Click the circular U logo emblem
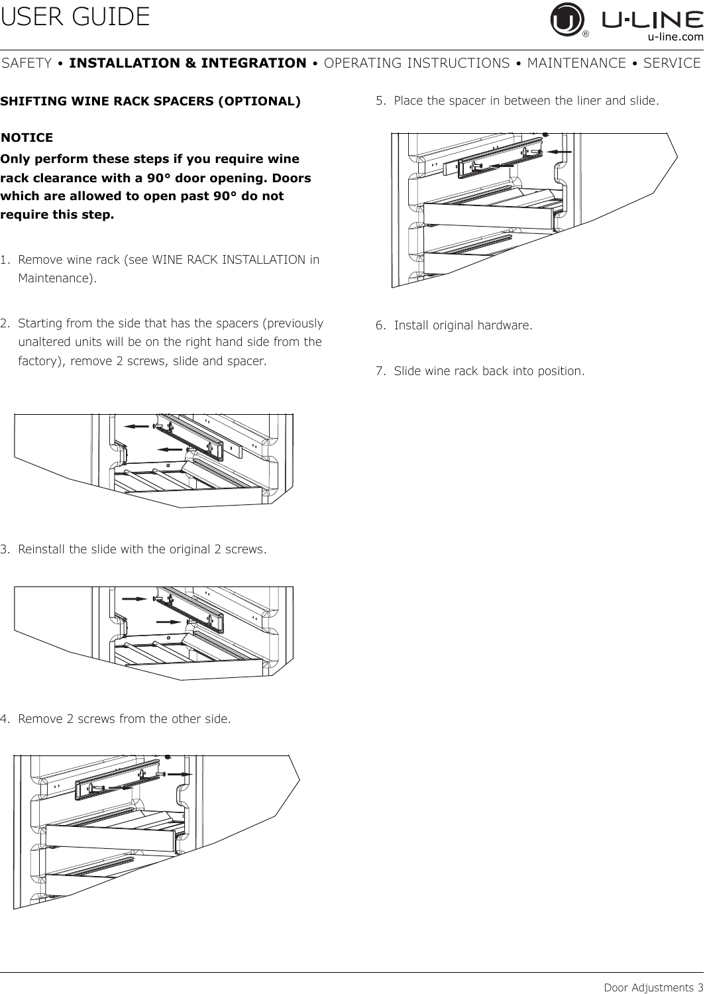pyautogui.click(x=567, y=21)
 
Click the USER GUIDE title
pyautogui.click(x=76, y=17)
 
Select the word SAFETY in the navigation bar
pyautogui.click(x=27, y=63)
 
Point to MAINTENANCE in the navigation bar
pyautogui.click(x=576, y=63)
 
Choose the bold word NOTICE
pyautogui.click(x=28, y=138)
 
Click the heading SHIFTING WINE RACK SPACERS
pyautogui.click(x=150, y=101)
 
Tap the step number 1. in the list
pyautogui.click(x=6, y=259)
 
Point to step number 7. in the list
pyautogui.click(x=381, y=370)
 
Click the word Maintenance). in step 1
pyautogui.click(x=57, y=278)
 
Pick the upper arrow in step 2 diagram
pyautogui.click(x=138, y=425)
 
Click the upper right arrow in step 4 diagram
pyautogui.click(x=179, y=773)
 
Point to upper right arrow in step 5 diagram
pyautogui.click(x=561, y=152)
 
